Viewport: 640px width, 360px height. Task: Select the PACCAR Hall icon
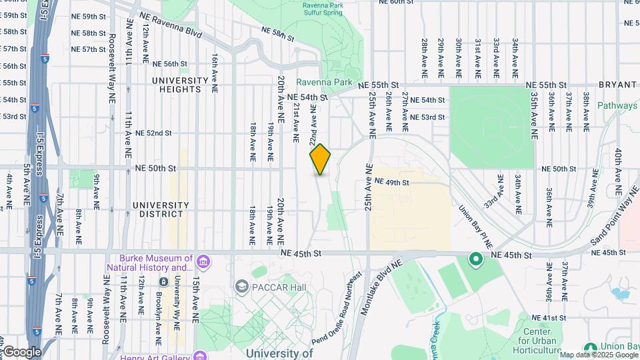tap(241, 286)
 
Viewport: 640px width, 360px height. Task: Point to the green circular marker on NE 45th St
tap(475, 259)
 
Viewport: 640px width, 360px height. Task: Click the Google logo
tap(21, 352)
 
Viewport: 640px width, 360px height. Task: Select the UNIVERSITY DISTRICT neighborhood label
tap(157, 209)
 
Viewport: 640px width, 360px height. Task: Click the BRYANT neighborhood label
tap(618, 85)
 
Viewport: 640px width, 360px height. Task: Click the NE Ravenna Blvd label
tap(166, 31)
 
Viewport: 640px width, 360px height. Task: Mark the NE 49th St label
tap(391, 181)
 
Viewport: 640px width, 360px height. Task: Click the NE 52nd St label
tap(153, 133)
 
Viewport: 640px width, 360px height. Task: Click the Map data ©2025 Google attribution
tap(598, 355)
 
